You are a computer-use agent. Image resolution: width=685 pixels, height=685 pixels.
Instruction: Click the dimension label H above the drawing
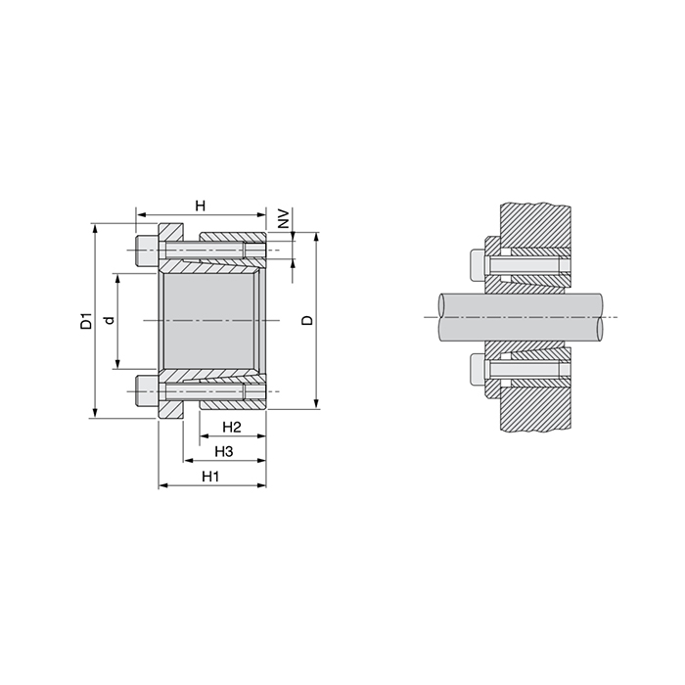pyautogui.click(x=200, y=205)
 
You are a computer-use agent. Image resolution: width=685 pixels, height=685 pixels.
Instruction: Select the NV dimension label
pyautogui.click(x=284, y=218)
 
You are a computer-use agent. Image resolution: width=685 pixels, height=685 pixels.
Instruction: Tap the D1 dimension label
pyautogui.click(x=86, y=321)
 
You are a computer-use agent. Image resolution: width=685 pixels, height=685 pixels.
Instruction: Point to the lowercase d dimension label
pyautogui.click(x=110, y=320)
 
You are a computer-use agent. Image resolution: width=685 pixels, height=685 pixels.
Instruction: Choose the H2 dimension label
pyautogui.click(x=232, y=428)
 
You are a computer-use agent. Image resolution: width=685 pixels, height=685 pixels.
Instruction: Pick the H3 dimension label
pyautogui.click(x=223, y=451)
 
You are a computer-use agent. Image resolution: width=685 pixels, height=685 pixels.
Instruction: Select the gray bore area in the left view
pyautogui.click(x=210, y=320)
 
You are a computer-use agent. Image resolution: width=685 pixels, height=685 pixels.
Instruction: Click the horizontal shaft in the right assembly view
pyautogui.click(x=519, y=317)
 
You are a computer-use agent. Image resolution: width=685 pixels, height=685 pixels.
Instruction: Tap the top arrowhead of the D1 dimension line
pyautogui.click(x=95, y=227)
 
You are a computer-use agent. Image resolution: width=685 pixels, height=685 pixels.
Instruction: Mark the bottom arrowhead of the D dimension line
pyautogui.click(x=316, y=403)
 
